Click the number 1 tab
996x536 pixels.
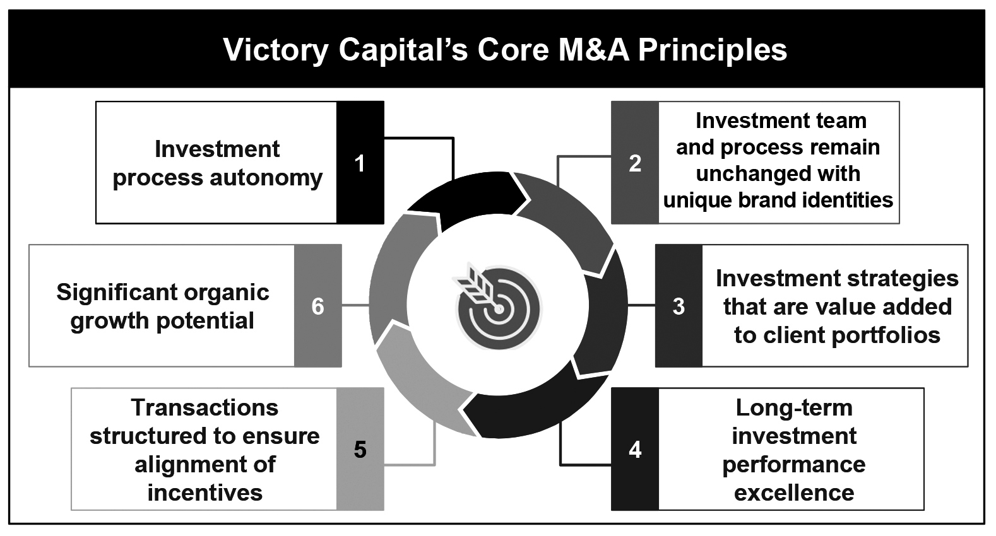(360, 163)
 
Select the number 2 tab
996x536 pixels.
(635, 163)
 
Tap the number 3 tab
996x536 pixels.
(679, 306)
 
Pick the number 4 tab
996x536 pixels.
(635, 449)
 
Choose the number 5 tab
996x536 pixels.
(360, 449)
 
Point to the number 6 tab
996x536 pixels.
(317, 306)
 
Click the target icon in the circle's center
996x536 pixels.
(497, 306)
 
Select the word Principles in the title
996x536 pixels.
(713, 50)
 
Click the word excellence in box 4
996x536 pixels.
(794, 492)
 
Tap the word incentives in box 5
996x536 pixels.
(205, 492)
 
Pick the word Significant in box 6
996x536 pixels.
(113, 292)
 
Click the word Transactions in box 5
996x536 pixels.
(205, 408)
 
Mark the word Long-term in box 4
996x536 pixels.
(794, 408)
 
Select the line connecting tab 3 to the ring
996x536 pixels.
(641, 306)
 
